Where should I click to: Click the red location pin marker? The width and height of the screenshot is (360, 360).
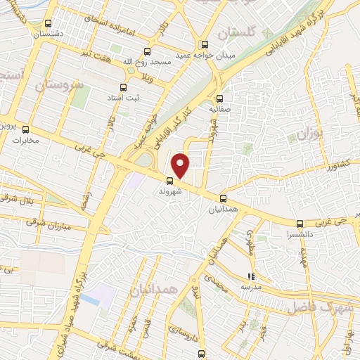click(x=181, y=165)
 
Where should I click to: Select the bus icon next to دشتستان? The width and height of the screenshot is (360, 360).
click(x=48, y=23)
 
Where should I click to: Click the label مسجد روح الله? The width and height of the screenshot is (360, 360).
click(x=147, y=62)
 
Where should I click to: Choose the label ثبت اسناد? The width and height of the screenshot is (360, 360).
click(x=124, y=99)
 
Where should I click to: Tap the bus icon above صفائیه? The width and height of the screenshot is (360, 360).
click(x=220, y=98)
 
